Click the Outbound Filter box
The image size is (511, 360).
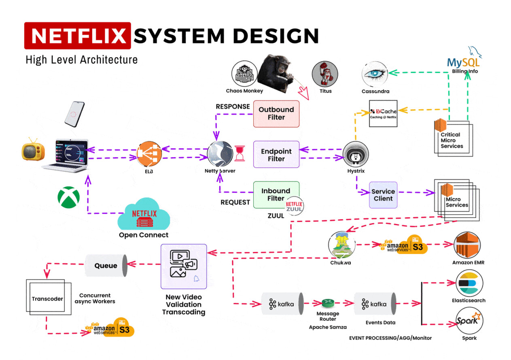click(276, 114)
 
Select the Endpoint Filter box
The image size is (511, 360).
click(276, 154)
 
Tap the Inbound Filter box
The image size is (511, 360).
click(276, 195)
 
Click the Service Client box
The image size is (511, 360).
click(383, 195)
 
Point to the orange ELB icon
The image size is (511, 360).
click(149, 154)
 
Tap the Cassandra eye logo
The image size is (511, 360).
click(375, 75)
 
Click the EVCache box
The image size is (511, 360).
click(383, 113)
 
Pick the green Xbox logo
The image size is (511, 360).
click(68, 197)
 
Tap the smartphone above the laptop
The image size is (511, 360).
click(74, 113)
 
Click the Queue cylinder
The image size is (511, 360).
click(106, 266)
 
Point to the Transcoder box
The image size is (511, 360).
click(48, 299)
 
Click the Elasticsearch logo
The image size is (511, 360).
click(469, 284)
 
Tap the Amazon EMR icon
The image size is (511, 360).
click(468, 245)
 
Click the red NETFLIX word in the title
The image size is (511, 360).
click(78, 36)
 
